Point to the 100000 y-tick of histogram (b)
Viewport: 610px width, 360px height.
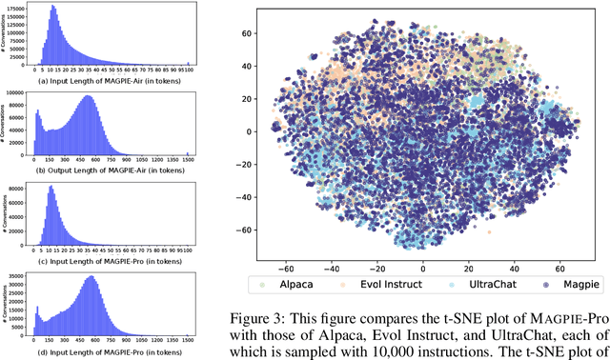click(18, 93)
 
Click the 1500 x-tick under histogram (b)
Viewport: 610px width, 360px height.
click(187, 157)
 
